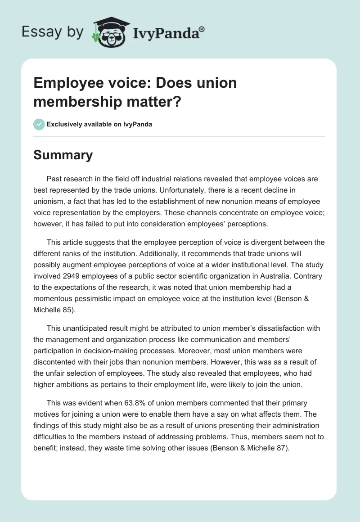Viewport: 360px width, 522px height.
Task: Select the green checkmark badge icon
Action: [39, 124]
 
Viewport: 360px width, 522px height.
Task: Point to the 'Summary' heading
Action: [63, 155]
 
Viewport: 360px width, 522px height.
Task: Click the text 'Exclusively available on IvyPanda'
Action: [99, 124]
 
